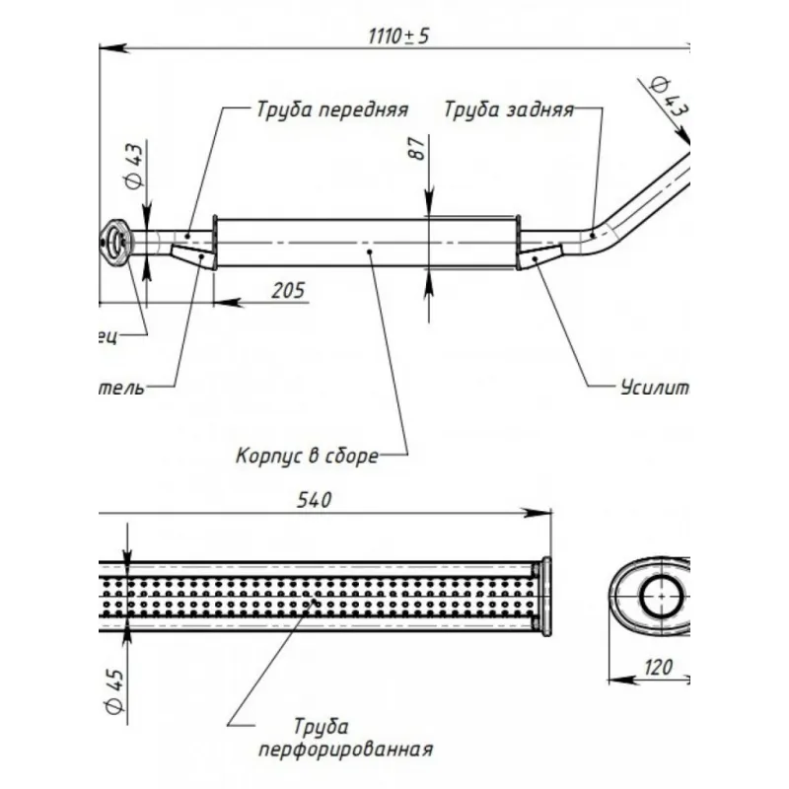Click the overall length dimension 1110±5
tap(399, 36)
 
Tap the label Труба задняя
tap(508, 109)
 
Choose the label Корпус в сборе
tap(307, 457)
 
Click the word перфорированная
tap(345, 750)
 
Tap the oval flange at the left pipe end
tap(115, 242)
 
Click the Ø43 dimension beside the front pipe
tap(134, 167)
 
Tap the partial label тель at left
tap(123, 387)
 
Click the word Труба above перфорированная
tap(322, 727)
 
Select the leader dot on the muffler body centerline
tap(370, 252)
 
